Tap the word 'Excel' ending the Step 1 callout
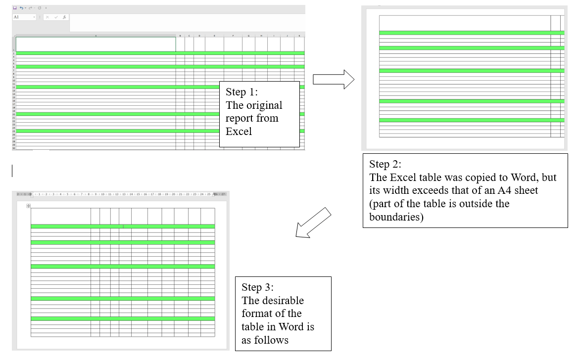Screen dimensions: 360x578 [239, 131]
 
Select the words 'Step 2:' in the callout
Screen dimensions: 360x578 [385, 165]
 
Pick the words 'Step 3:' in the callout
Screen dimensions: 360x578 [257, 287]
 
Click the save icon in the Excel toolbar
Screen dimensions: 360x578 [15, 8]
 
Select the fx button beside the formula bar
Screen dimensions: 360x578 [64, 17]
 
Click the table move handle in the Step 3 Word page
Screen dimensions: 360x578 [29, 206]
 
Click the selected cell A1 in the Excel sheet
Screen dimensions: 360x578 [96, 44]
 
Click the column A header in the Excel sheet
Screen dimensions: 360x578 [96, 36]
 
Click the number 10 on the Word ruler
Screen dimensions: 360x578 [102, 194]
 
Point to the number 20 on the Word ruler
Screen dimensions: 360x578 [173, 194]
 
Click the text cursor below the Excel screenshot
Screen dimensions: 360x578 [12, 171]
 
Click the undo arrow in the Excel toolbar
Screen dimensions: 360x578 [22, 8]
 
